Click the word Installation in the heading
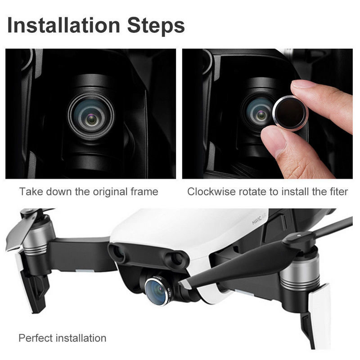[x=63, y=25]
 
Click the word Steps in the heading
[x=156, y=26]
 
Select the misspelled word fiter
[x=339, y=192]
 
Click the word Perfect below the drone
[x=36, y=338]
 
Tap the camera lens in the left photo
[x=91, y=117]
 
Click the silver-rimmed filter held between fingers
[x=291, y=113]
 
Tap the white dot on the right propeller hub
[x=298, y=235]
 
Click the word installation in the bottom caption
[x=81, y=338]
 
